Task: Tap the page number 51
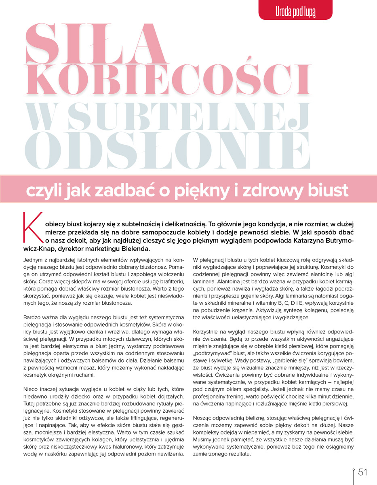coord(362,472)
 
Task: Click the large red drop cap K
coord(34,229)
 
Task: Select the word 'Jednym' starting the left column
coord(32,259)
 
